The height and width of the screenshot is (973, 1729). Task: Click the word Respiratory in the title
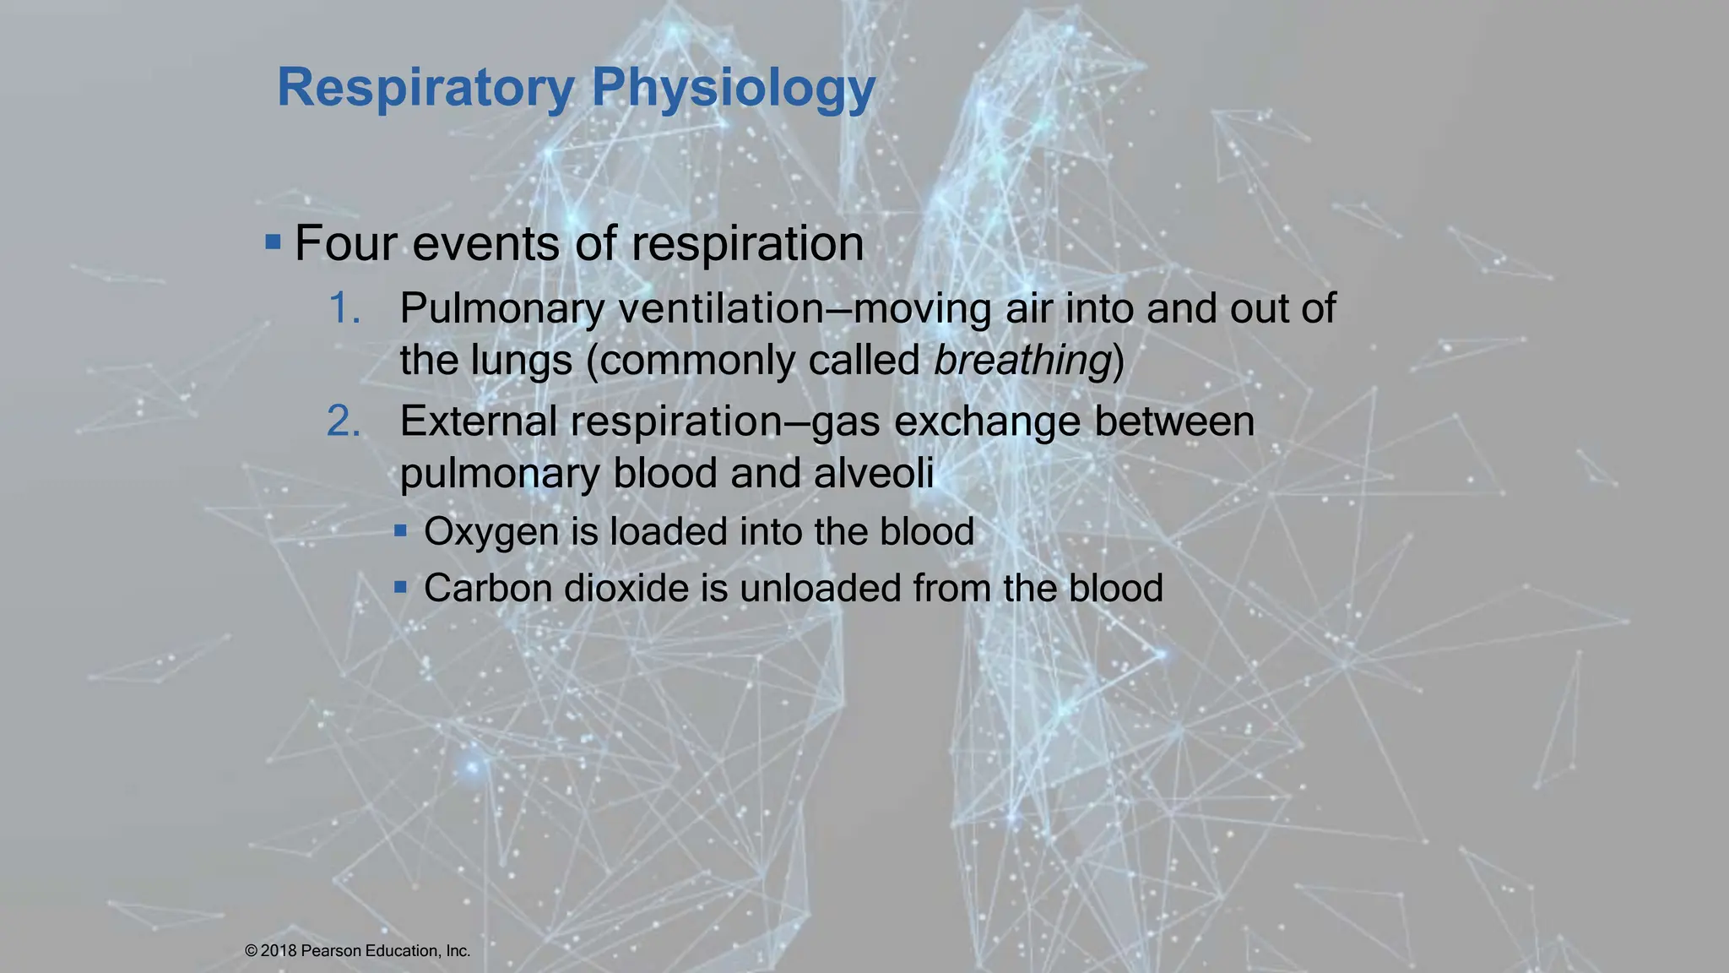(x=425, y=88)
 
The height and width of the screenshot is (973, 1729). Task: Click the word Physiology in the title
(x=733, y=88)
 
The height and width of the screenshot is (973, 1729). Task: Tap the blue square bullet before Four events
(x=273, y=243)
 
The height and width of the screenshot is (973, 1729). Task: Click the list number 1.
(x=344, y=308)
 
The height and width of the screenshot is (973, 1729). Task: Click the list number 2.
(x=344, y=421)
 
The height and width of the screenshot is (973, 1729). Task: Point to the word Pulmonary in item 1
(x=501, y=308)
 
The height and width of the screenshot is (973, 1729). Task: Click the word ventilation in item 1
(x=721, y=308)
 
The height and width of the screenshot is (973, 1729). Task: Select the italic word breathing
(x=1022, y=361)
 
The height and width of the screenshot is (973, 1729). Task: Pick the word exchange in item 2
(x=987, y=421)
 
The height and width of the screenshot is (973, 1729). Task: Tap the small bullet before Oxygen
(x=401, y=531)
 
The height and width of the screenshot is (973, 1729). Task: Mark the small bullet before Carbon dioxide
(x=401, y=586)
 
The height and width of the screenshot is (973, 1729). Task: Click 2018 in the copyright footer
(x=279, y=951)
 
